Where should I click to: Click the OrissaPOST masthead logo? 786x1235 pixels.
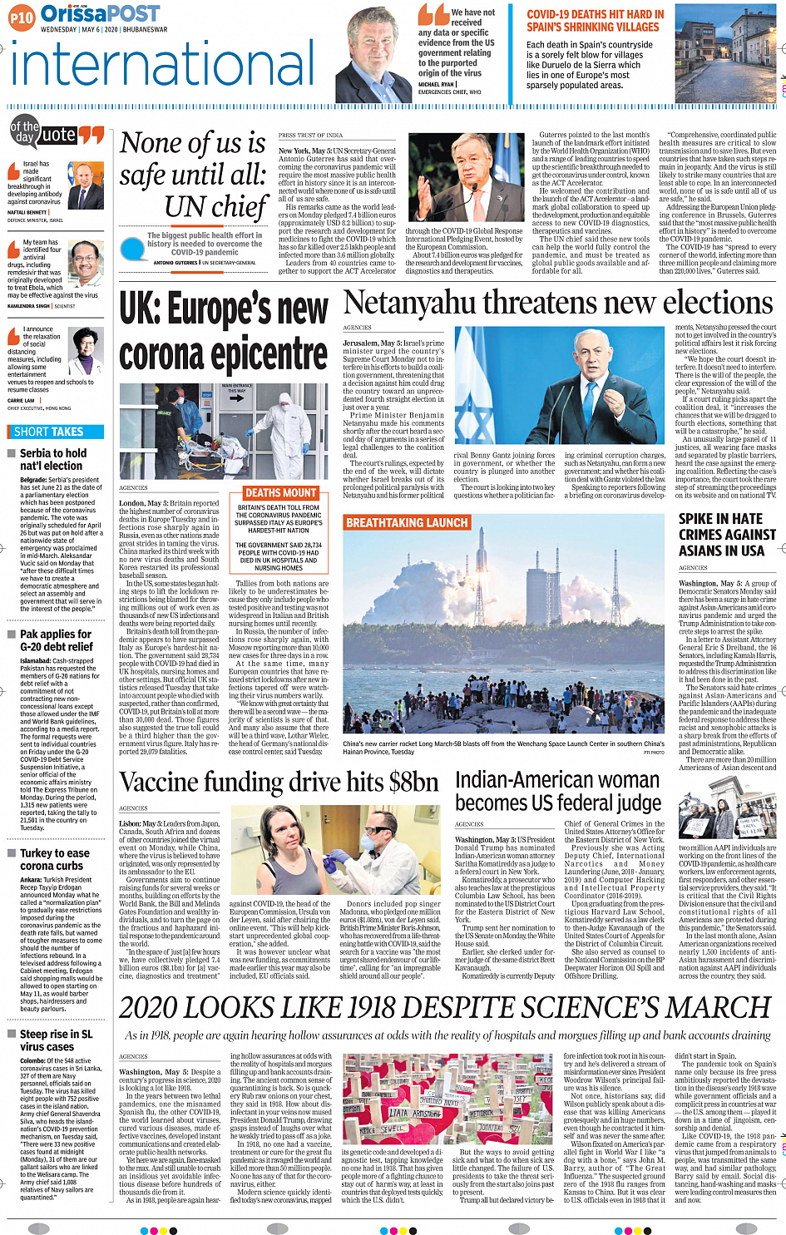pyautogui.click(x=100, y=13)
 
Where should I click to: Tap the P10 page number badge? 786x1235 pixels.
pyautogui.click(x=22, y=17)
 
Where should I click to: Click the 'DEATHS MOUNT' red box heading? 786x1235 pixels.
pyautogui.click(x=280, y=493)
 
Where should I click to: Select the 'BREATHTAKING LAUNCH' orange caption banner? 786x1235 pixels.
pyautogui.click(x=407, y=522)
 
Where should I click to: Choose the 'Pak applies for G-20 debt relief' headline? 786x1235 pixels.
pyautogui.click(x=56, y=640)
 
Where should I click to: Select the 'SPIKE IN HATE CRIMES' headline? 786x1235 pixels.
pyautogui.click(x=720, y=535)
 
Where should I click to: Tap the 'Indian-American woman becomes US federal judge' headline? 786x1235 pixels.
pyautogui.click(x=557, y=791)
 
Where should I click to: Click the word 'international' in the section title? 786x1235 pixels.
pyautogui.click(x=162, y=67)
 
